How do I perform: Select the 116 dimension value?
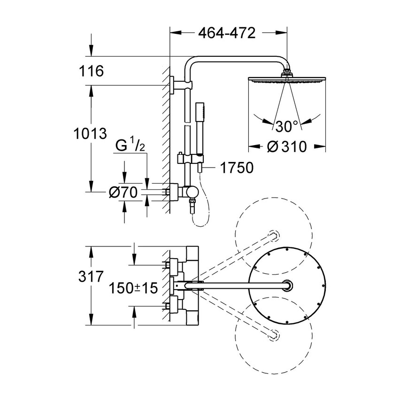(91, 71)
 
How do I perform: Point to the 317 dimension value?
(91, 277)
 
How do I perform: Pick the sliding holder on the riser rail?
(180, 158)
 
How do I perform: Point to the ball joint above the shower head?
(286, 73)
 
